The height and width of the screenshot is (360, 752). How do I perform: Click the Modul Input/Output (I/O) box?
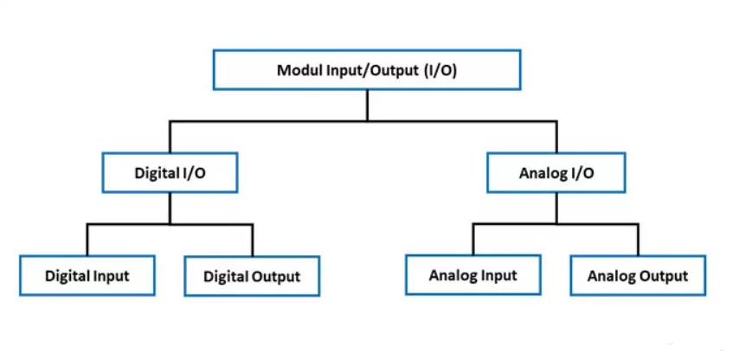pos(366,69)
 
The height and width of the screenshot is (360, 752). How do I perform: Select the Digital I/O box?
pos(170,172)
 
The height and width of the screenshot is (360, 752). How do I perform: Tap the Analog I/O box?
pos(556,172)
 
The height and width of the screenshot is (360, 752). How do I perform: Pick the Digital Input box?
pos(87,276)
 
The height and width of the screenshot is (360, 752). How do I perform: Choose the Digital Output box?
pos(252,277)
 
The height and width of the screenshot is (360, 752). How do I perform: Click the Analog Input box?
pos(472,276)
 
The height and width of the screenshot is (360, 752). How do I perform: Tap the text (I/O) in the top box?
pos(440,70)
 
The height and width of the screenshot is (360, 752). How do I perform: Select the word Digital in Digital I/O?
pos(156,173)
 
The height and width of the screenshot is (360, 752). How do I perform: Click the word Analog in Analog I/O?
pos(542,173)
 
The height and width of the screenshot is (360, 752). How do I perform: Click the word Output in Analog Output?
pos(663,277)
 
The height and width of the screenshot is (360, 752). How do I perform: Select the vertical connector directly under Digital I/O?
pos(170,208)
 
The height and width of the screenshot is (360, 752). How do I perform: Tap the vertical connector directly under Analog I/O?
pos(556,208)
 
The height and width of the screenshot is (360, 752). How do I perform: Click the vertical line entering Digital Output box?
pos(253,241)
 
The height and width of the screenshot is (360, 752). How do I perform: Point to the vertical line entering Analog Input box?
pos(473,240)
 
